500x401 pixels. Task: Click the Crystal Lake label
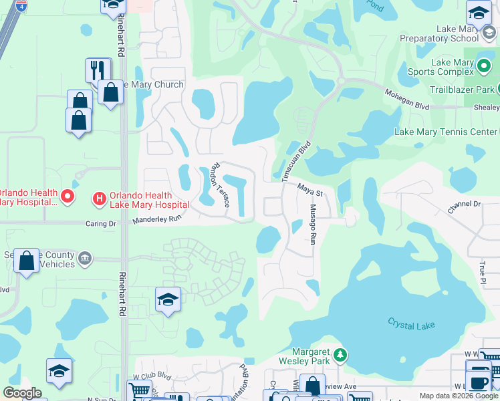[x=411, y=324]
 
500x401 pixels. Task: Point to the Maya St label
[x=310, y=192]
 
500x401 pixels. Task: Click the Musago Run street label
[x=312, y=225]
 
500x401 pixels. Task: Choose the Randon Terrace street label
[x=219, y=184]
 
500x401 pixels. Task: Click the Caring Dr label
[x=102, y=224]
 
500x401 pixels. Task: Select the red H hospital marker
[x=99, y=198]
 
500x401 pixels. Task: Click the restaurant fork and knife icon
[x=98, y=70]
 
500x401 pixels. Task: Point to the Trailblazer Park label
[x=453, y=90]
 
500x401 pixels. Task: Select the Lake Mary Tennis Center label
[x=446, y=132]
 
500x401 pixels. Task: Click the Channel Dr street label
[x=465, y=207]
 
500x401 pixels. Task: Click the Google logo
[x=22, y=393]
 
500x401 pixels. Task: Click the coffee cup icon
[x=478, y=381]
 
